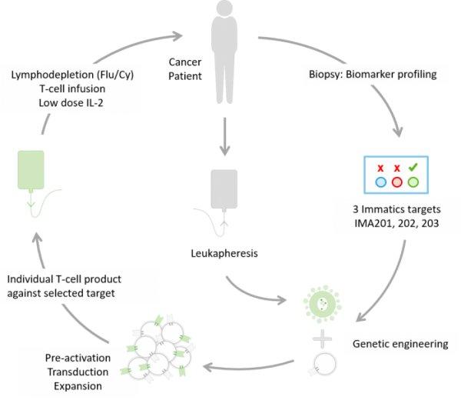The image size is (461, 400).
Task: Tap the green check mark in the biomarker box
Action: (x=413, y=167)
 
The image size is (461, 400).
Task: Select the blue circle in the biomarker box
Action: (x=380, y=182)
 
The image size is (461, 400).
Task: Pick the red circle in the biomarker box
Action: (x=396, y=182)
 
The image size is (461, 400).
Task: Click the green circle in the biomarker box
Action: (x=413, y=182)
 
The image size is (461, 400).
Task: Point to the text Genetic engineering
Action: (x=399, y=344)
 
